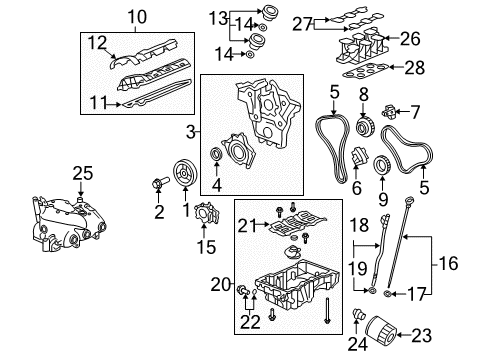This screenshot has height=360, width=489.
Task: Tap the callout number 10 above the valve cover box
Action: pos(136,15)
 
